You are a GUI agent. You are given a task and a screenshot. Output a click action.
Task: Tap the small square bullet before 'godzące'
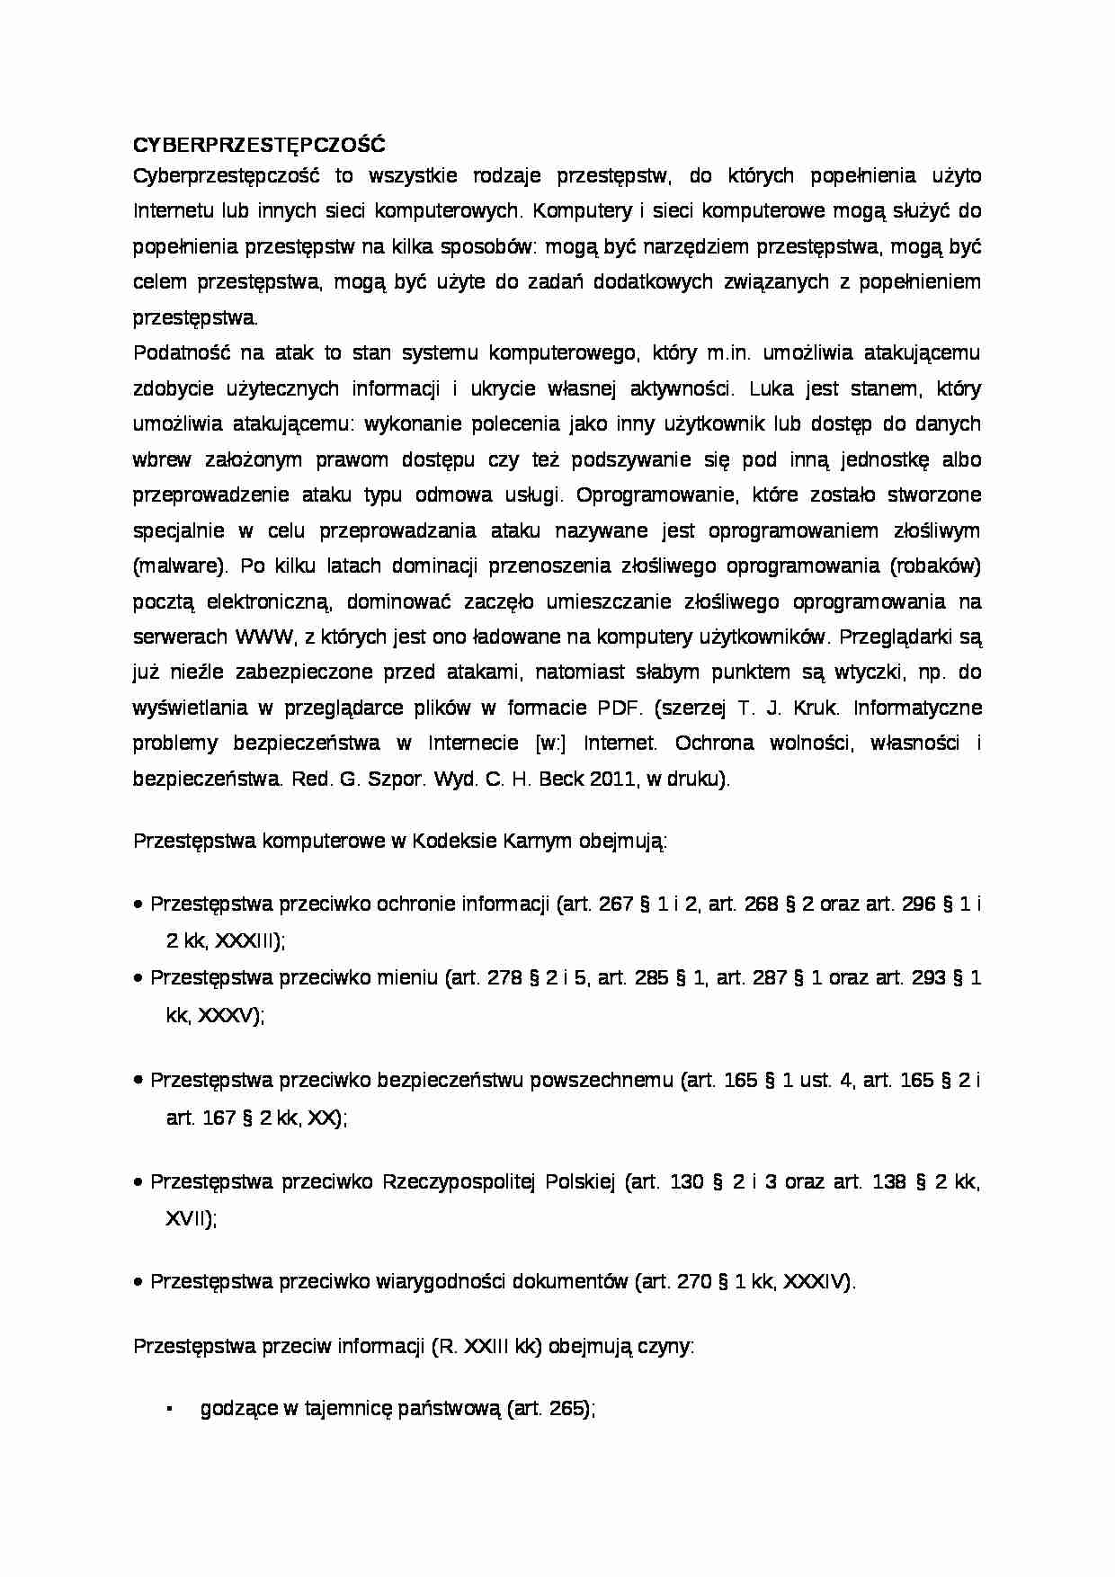[x=169, y=1409]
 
